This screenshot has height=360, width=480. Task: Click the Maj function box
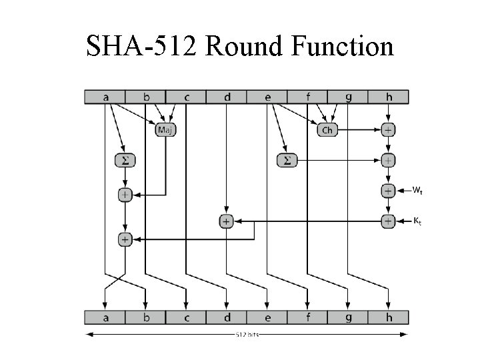[x=165, y=129]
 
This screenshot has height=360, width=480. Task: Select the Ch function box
[x=327, y=129]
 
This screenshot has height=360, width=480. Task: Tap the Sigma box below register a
[x=124, y=160]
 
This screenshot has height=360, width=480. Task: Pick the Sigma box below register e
[x=287, y=160]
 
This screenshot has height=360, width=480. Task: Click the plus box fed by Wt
[x=389, y=191]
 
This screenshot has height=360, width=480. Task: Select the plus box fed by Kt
[x=389, y=220]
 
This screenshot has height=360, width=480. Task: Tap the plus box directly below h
[x=389, y=129]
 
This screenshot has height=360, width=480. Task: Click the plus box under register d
[x=227, y=221]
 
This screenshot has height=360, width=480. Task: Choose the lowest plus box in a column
[x=124, y=238]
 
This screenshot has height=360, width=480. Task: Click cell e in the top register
[x=267, y=97]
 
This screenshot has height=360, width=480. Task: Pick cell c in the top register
[x=187, y=97]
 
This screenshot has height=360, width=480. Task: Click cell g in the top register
[x=348, y=97]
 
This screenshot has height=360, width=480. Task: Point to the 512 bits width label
[x=247, y=334]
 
